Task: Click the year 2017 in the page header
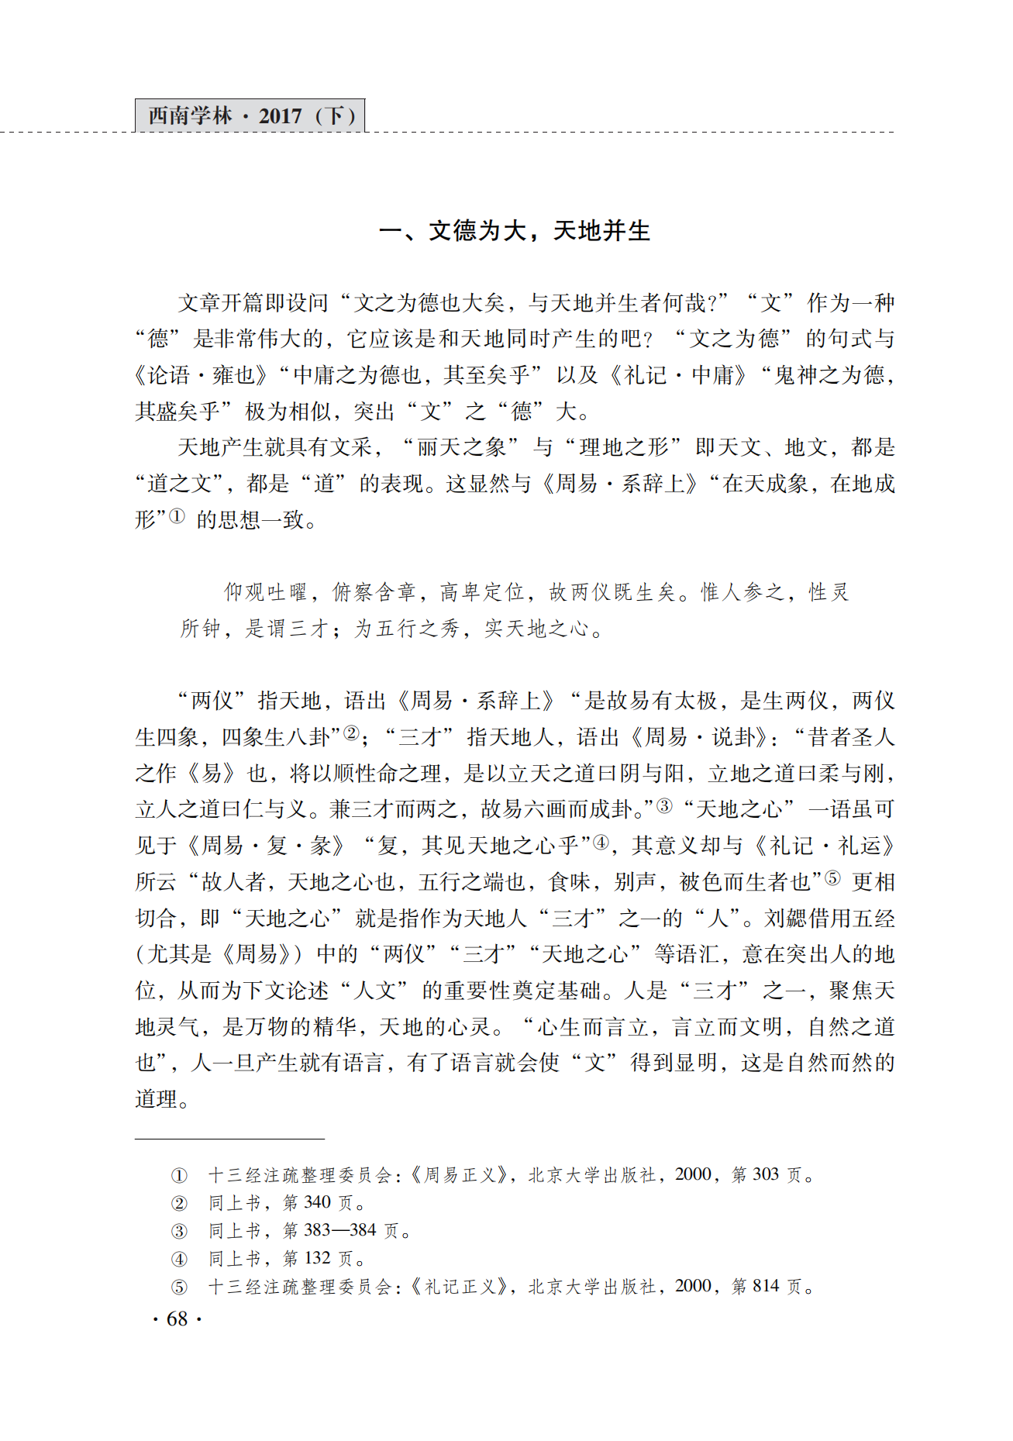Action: click(280, 116)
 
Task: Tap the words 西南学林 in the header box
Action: click(190, 116)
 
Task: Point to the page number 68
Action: click(177, 1319)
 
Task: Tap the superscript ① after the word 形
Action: click(177, 516)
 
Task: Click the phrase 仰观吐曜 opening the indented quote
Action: click(266, 592)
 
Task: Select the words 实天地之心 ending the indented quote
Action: click(536, 629)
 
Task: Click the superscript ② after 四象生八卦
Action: click(351, 733)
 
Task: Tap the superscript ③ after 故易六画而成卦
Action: click(664, 805)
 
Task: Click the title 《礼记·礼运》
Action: click(823, 846)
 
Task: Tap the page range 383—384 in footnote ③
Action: click(340, 1230)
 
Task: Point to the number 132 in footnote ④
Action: click(318, 1258)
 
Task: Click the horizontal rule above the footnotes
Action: click(229, 1139)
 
